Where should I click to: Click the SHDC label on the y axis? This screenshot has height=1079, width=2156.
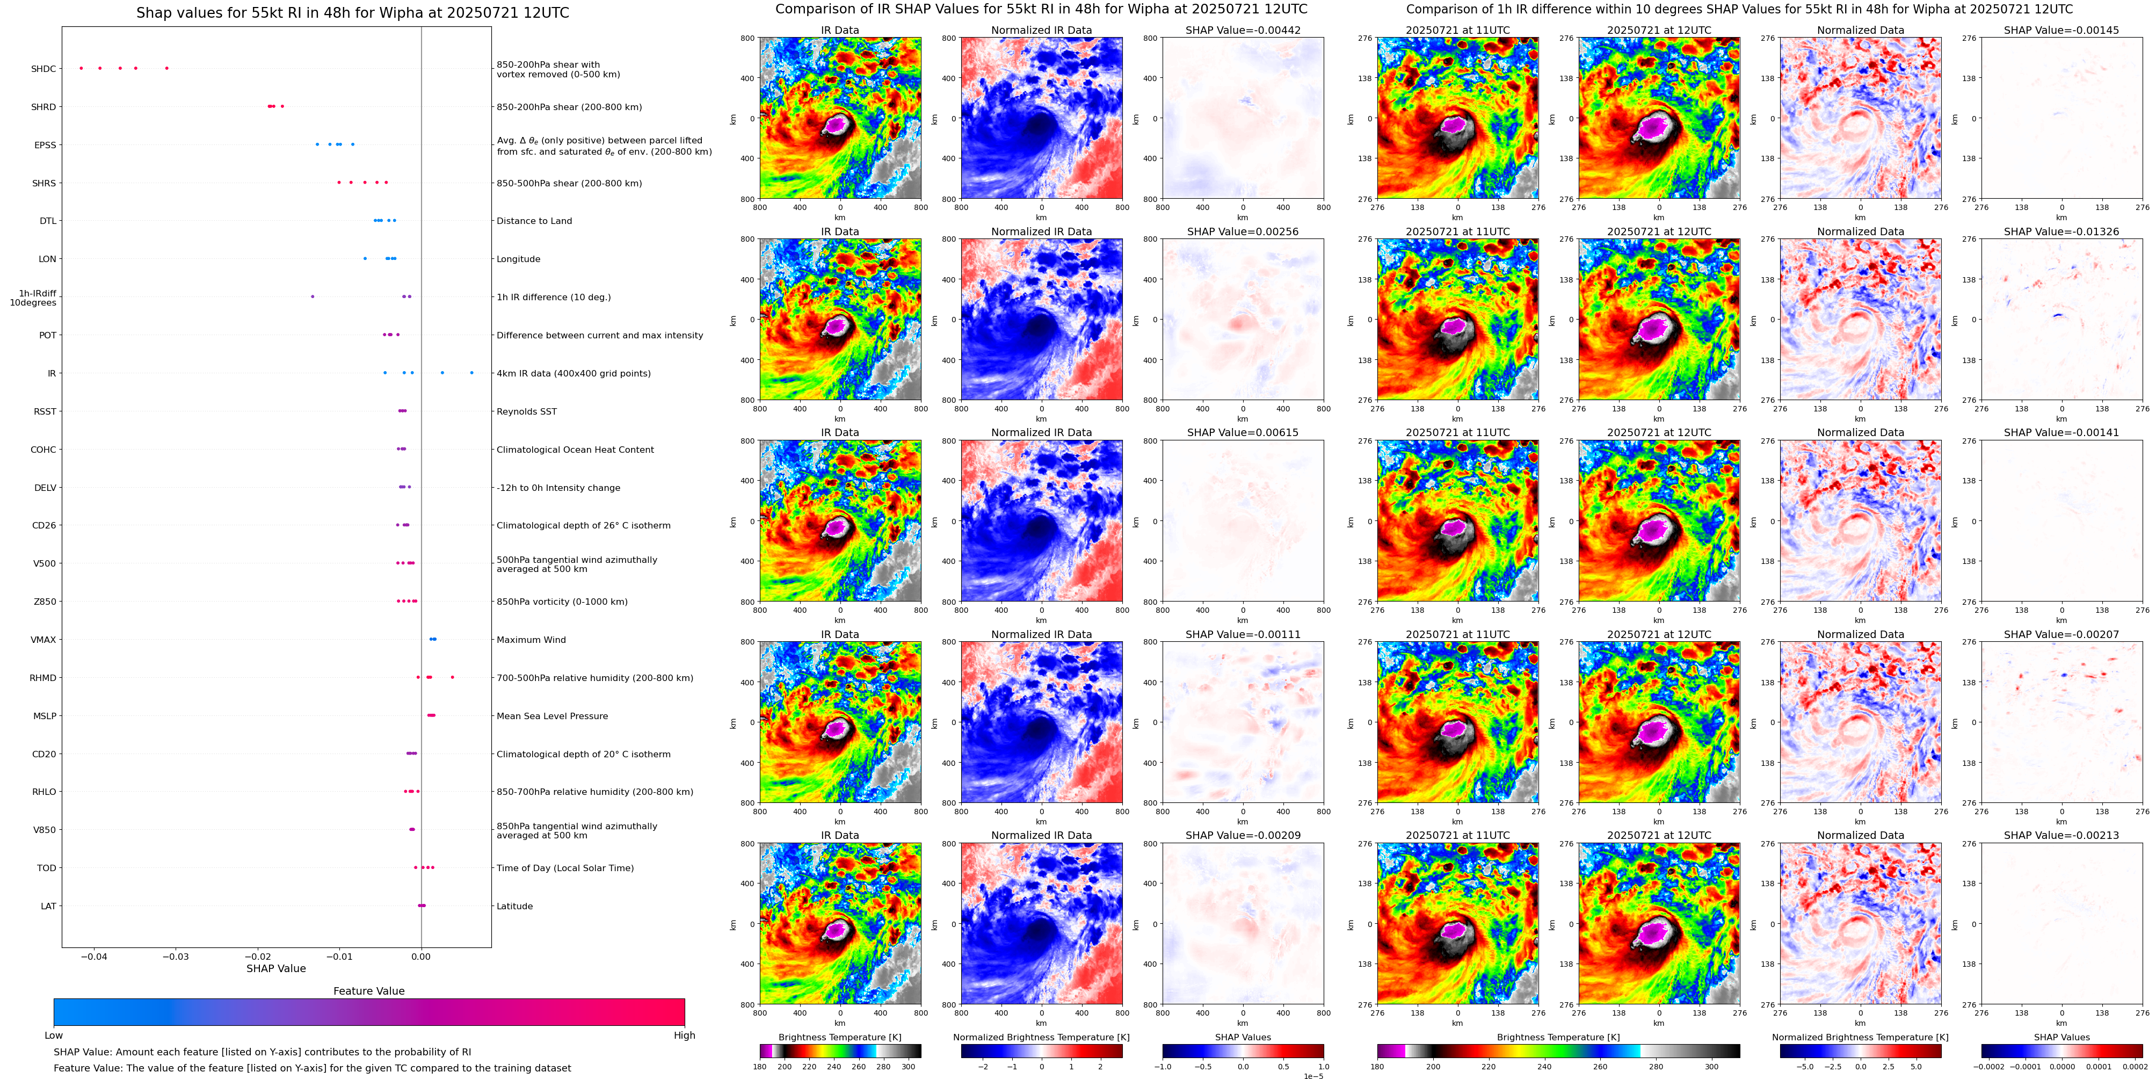(x=43, y=69)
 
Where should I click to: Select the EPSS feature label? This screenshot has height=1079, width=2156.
(x=45, y=145)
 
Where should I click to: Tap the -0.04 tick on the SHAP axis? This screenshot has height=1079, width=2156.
(x=94, y=957)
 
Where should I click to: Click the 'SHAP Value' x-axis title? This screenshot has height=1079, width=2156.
(x=276, y=968)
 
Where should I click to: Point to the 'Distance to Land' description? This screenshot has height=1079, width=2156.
(x=534, y=221)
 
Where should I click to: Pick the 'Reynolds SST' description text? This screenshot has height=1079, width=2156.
(x=526, y=411)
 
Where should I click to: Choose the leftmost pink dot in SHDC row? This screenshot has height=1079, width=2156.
(x=81, y=68)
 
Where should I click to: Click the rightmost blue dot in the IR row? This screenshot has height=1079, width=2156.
(x=471, y=373)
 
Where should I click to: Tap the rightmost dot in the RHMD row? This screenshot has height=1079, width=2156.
(x=452, y=677)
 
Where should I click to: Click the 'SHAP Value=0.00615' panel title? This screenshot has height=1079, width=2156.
(x=1242, y=433)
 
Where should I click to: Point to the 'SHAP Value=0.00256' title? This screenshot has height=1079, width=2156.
(x=1242, y=232)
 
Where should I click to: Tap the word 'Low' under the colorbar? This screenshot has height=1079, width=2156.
(x=54, y=1035)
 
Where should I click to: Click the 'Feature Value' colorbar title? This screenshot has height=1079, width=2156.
(x=368, y=991)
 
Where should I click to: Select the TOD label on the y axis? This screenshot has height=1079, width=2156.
(x=47, y=868)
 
